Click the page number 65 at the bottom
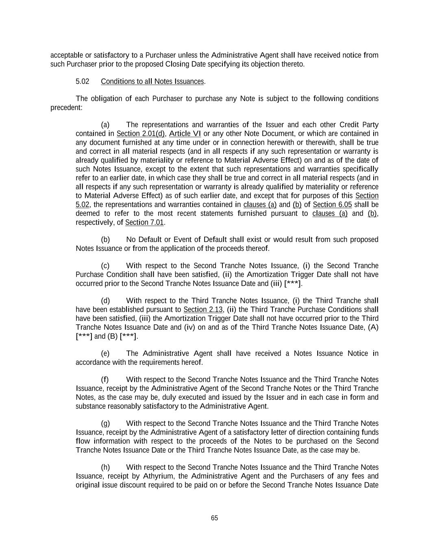click(214, 518)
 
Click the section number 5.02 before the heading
click(82, 81)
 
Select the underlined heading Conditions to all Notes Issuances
click(152, 81)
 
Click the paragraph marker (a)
click(105, 125)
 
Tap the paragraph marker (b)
click(105, 239)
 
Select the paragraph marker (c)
click(105, 266)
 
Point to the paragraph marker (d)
click(105, 301)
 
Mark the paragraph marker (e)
click(105, 354)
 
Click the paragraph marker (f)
click(105, 380)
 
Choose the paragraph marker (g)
click(105, 424)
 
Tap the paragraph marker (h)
click(105, 468)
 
